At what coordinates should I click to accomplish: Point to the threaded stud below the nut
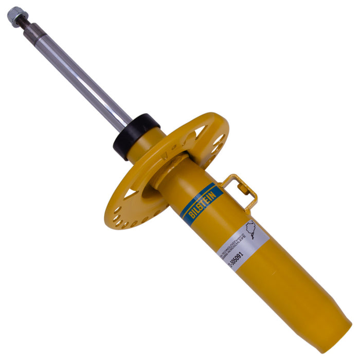click(x=22, y=23)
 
